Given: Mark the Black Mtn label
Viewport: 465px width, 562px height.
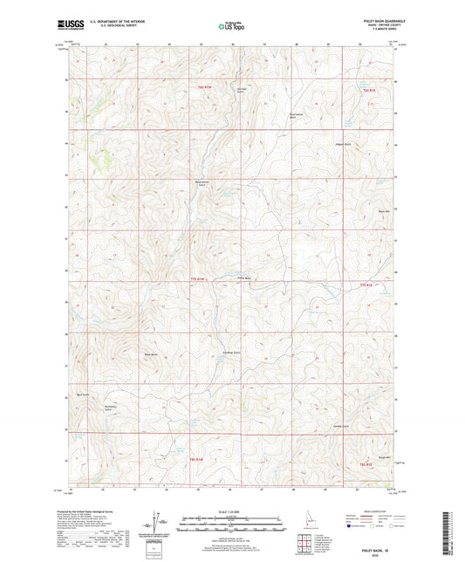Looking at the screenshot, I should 382,211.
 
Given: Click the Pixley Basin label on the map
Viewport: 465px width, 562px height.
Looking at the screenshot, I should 244,279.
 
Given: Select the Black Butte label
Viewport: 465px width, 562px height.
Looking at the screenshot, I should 150,354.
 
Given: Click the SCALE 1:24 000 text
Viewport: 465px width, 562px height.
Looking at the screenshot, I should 231,511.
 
